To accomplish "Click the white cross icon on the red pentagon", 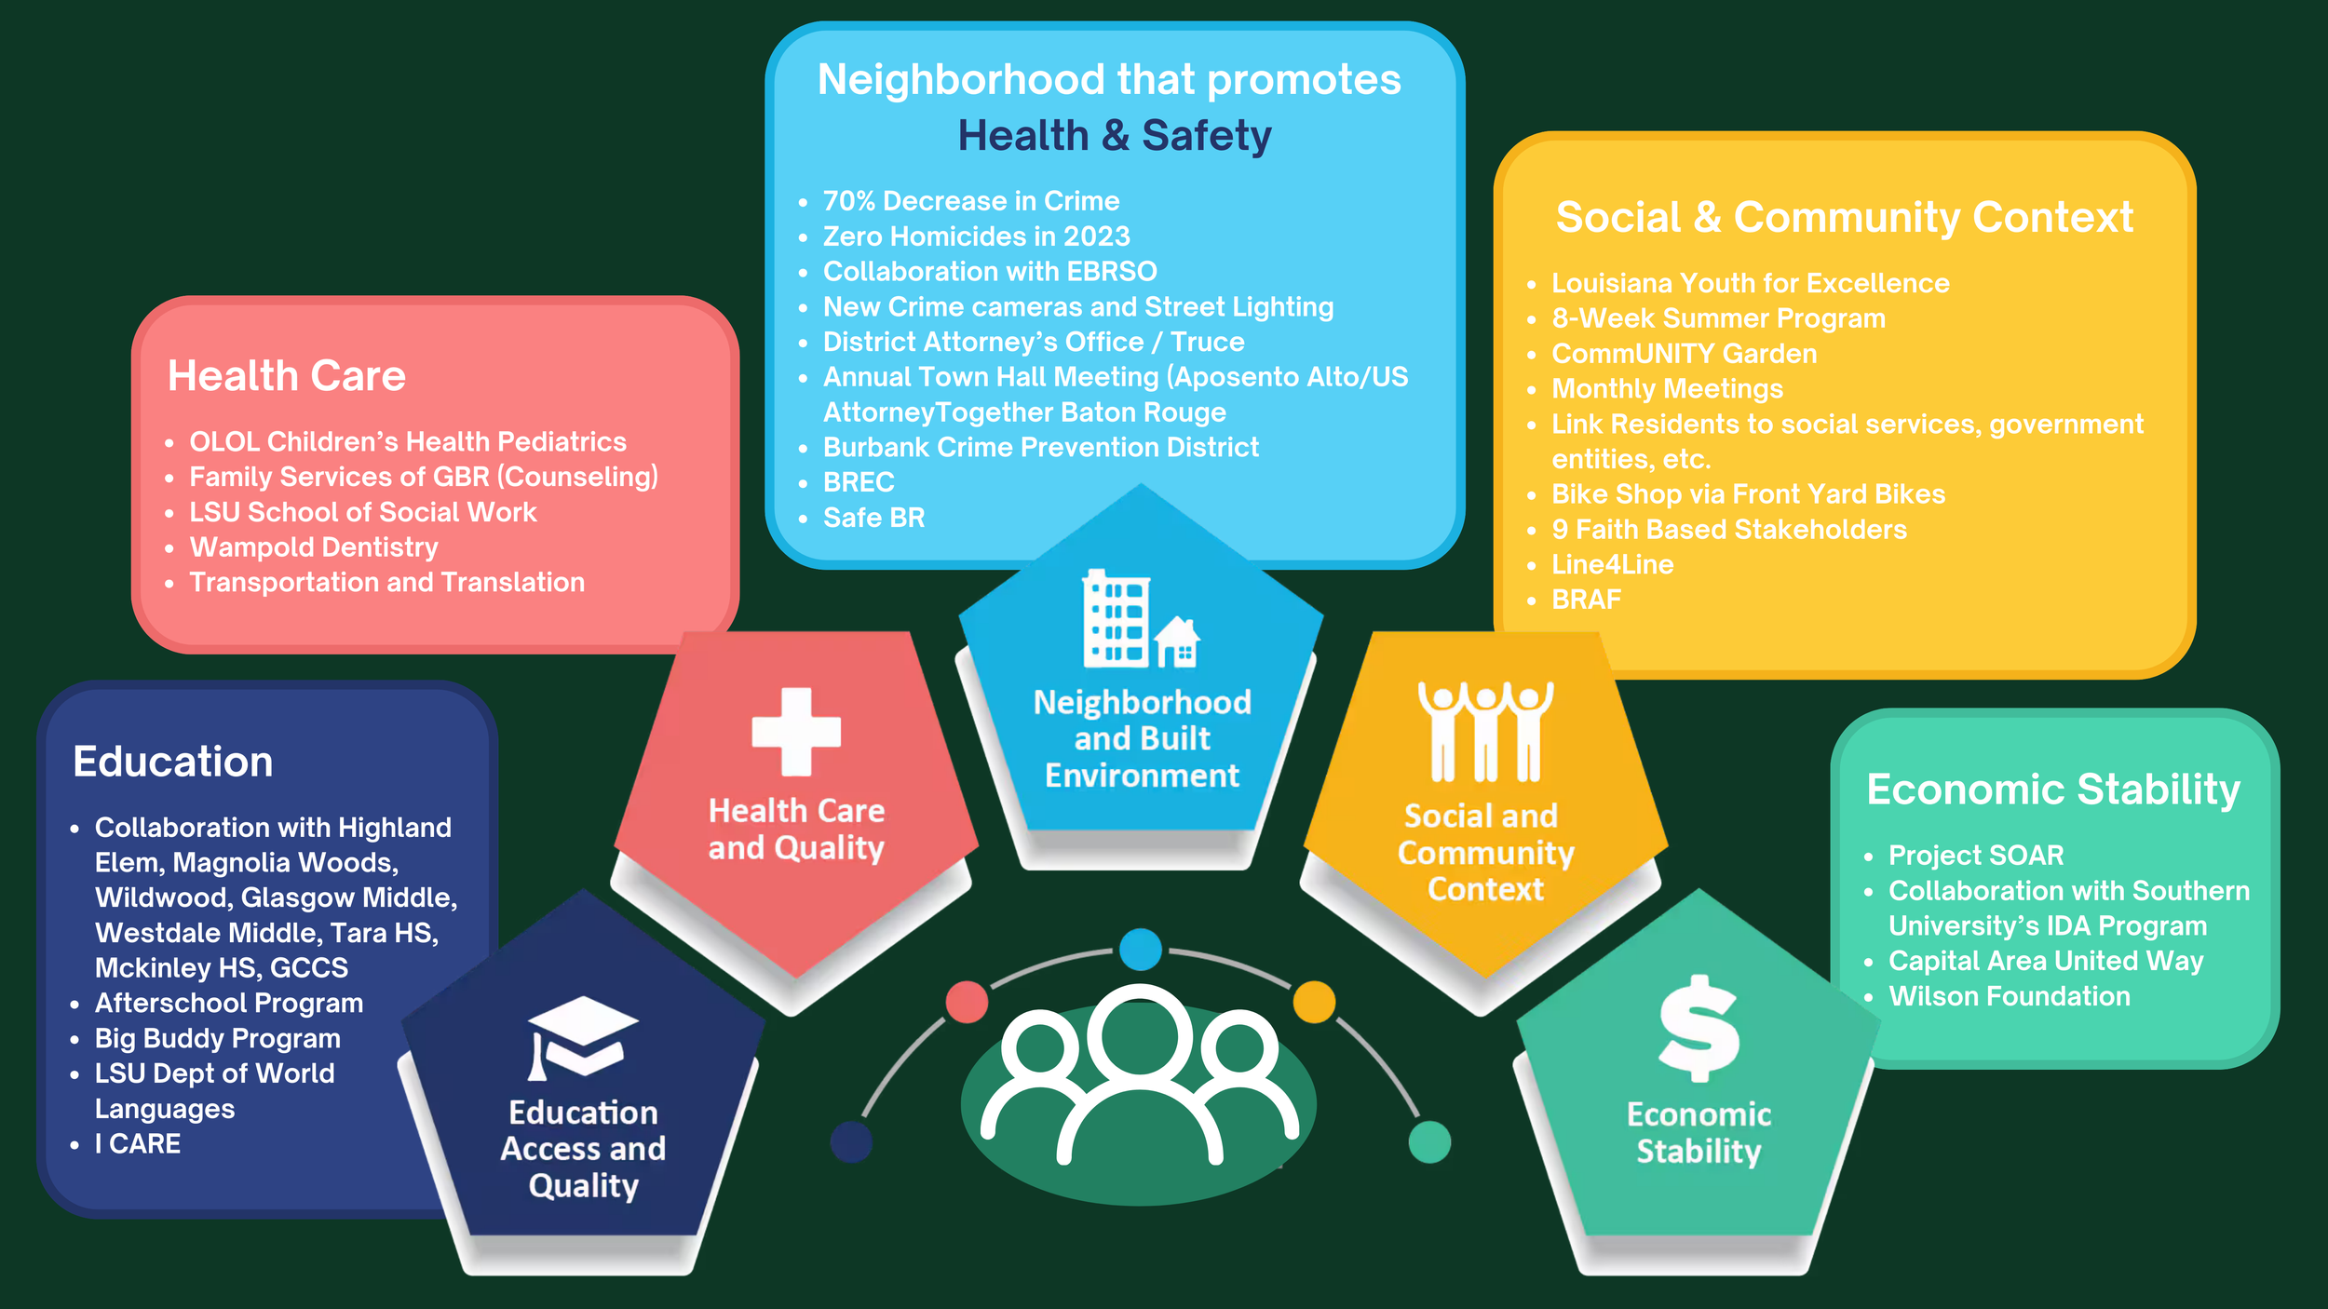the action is point(796,732).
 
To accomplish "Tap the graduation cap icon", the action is point(583,1037).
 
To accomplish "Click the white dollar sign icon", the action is point(1699,1029).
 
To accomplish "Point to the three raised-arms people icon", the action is point(1485,732).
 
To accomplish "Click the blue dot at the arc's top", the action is point(1141,950).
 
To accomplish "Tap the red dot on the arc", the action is point(967,1002).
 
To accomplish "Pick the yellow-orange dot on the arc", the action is point(1314,1002).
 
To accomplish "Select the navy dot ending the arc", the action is point(851,1141).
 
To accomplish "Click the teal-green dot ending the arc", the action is point(1429,1141).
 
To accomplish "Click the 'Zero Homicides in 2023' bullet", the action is point(976,236).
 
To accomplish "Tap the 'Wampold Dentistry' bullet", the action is point(314,547).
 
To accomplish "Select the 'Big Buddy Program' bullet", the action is point(218,1038).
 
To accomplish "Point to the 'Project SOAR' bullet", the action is point(1975,856).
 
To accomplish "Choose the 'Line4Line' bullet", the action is point(1612,565).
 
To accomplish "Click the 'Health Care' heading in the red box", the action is point(287,376).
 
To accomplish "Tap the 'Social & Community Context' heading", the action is point(1844,218).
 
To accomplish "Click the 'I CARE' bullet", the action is point(138,1144).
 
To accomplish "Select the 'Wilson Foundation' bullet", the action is point(2009,997).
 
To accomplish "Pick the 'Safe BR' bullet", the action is point(873,519).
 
